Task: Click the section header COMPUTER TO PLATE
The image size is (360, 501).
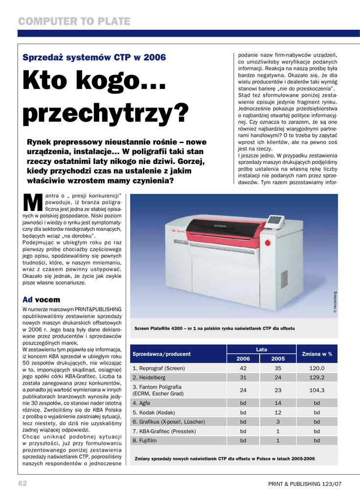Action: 74,22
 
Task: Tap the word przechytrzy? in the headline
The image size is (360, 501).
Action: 106,114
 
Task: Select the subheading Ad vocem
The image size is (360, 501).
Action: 41,299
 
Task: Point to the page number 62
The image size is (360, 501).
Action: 22,483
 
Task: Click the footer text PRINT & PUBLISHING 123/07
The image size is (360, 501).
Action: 304,484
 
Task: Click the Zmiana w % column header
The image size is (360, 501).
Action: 317,354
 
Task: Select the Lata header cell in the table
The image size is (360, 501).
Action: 261,349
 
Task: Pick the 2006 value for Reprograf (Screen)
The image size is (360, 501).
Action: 243,368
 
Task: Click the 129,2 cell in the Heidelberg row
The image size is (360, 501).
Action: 317,378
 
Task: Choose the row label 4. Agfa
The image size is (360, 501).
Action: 141,403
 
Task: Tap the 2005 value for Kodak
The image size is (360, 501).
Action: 278,412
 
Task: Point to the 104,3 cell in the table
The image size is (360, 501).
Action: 317,390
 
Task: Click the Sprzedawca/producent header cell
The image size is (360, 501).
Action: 161,354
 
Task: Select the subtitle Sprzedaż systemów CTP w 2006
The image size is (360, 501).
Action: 94,58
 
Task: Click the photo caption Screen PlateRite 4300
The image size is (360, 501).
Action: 214,328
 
